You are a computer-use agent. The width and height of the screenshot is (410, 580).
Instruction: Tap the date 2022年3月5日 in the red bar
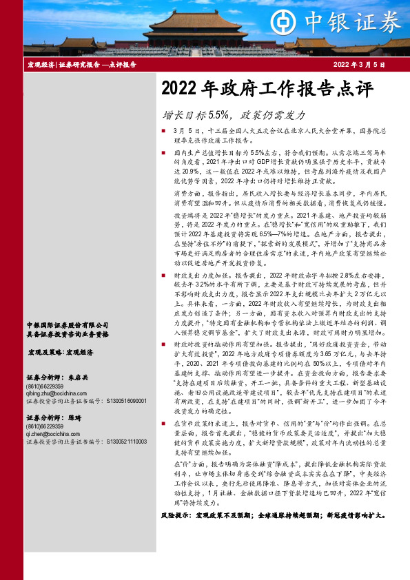pos(358,65)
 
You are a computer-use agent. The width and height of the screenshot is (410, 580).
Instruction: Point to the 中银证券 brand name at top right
pos(362,22)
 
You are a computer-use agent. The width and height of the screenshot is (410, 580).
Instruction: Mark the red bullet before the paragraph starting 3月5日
pos(163,130)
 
